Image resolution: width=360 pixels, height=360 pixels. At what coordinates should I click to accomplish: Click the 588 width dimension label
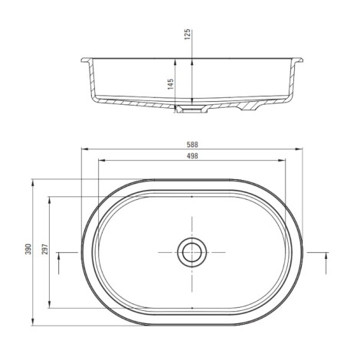coord(192,145)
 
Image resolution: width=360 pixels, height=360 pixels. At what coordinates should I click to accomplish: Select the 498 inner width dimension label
coord(192,156)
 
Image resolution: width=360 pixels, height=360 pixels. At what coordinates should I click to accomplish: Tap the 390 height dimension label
coord(28,249)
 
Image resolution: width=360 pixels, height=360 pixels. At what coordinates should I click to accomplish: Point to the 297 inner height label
coord(45,249)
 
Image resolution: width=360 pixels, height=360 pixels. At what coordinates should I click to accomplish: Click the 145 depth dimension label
coord(171,84)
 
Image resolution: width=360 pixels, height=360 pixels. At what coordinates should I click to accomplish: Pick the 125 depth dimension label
coord(188,34)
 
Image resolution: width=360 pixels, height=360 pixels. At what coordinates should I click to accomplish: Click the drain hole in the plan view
coord(192,252)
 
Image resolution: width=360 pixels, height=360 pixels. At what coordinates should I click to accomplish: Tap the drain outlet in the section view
coord(192,110)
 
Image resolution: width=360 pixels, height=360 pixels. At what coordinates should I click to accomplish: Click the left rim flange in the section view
coord(87,61)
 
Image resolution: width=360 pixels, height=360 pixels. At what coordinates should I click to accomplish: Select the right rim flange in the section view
coord(298,61)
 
